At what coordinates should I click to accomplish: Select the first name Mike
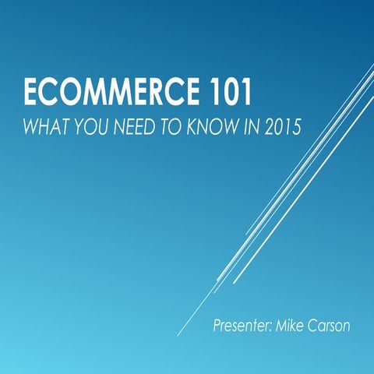[291, 323]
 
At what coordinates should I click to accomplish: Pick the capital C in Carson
[316, 323]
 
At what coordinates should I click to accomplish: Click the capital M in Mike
[282, 323]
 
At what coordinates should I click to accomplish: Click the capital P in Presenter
[217, 323]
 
